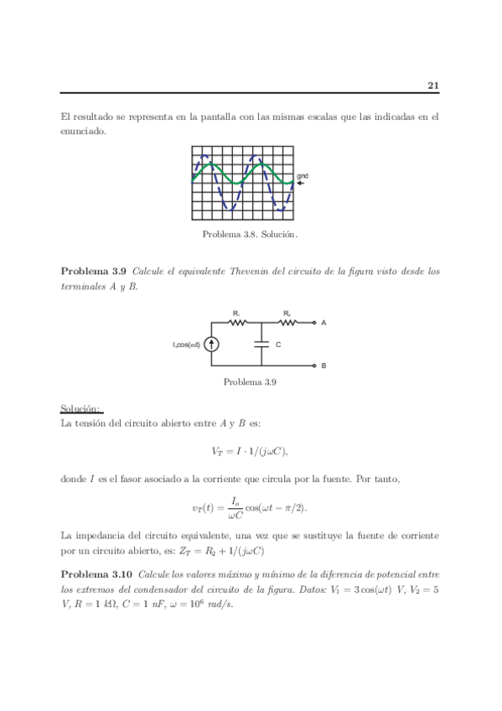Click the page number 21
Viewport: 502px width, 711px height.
[432, 85]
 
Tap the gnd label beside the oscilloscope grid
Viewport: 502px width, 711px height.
[303, 175]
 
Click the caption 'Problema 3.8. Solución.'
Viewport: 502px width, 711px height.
[250, 235]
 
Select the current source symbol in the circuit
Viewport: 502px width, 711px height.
[211, 344]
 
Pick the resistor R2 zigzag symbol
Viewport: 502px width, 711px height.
[287, 322]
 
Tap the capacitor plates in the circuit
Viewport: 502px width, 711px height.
[262, 344]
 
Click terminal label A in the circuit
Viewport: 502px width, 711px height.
[323, 322]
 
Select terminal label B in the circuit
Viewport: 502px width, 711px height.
[323, 366]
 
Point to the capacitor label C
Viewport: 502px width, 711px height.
[277, 345]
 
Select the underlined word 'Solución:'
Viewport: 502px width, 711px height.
[80, 408]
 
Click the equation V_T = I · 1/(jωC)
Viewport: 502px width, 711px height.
[250, 451]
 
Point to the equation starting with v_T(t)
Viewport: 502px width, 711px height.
[250, 509]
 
